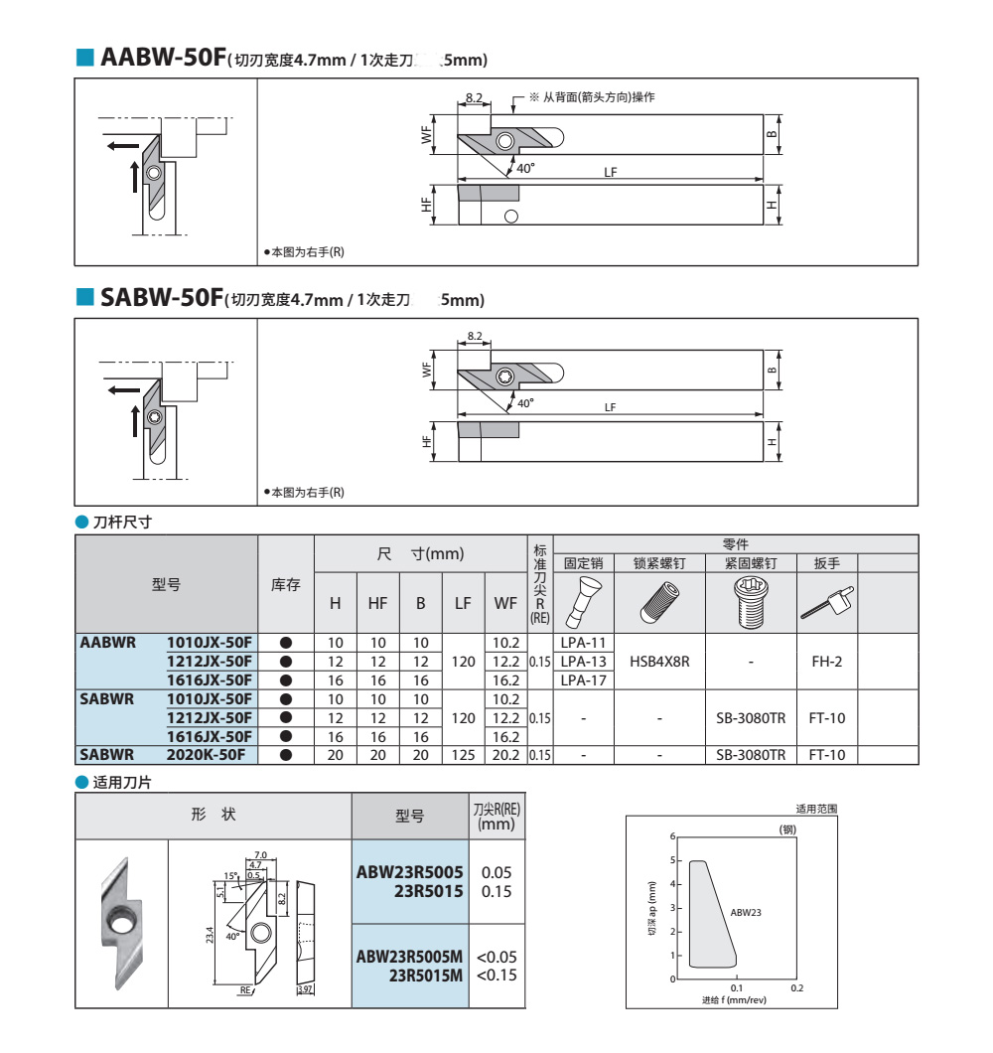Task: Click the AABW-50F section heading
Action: pyautogui.click(x=164, y=58)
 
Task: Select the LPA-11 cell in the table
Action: pyautogui.click(x=583, y=643)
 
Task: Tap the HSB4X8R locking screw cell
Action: pyautogui.click(x=659, y=661)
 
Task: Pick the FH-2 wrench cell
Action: pyautogui.click(x=826, y=661)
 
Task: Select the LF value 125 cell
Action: pyautogui.click(x=463, y=755)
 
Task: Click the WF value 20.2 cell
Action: pyautogui.click(x=505, y=755)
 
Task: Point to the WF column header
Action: pyautogui.click(x=505, y=602)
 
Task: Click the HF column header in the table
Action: pyautogui.click(x=377, y=602)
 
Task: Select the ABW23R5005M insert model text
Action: pyautogui.click(x=410, y=957)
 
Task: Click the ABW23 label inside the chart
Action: pyautogui.click(x=746, y=911)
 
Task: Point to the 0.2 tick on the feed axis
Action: pyautogui.click(x=796, y=987)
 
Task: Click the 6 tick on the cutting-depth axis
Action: pyautogui.click(x=672, y=836)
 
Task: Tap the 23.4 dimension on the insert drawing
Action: pyautogui.click(x=210, y=935)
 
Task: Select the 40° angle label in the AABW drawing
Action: pyautogui.click(x=525, y=168)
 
